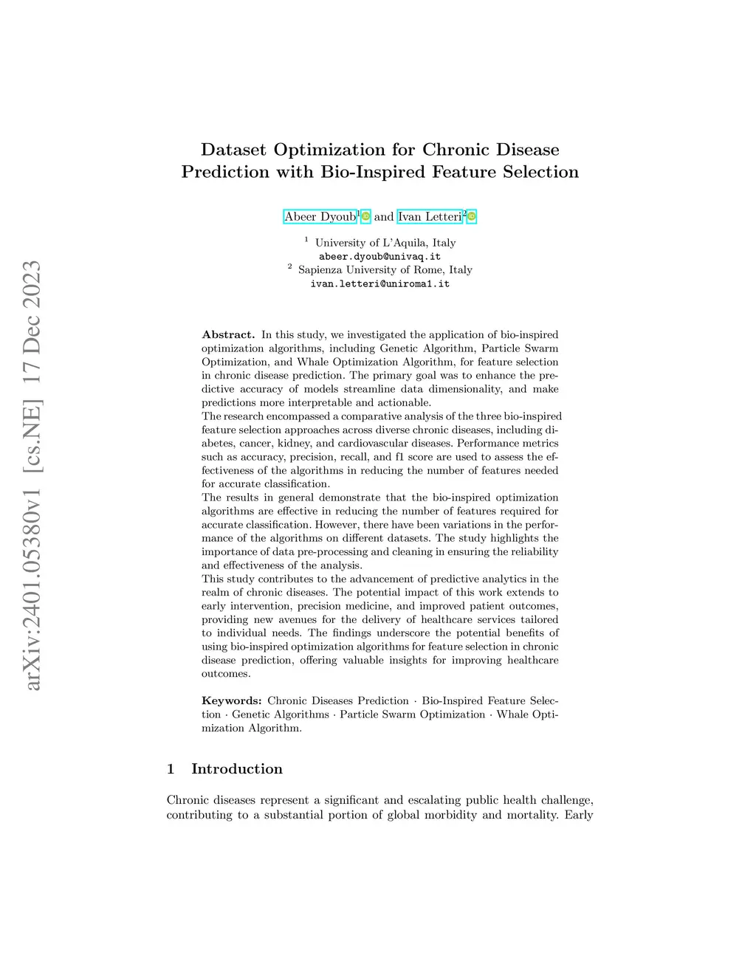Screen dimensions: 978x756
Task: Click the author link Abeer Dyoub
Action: [x=320, y=216]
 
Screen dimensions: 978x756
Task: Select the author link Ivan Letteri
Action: [x=430, y=216]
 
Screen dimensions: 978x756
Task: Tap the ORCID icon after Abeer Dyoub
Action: [x=365, y=216]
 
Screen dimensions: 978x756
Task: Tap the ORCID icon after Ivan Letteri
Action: [x=472, y=216]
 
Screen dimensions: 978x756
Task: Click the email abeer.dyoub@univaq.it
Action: [x=379, y=256]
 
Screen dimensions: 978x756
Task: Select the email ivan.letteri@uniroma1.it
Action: [x=379, y=283]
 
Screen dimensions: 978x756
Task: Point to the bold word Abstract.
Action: [x=228, y=334]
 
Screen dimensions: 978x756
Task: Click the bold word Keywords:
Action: [x=232, y=700]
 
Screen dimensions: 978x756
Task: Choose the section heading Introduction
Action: [x=237, y=768]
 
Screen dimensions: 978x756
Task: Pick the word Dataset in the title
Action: [x=234, y=150]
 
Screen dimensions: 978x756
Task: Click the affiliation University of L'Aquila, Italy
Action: [x=385, y=243]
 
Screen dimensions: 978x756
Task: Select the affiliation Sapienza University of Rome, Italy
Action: [x=385, y=270]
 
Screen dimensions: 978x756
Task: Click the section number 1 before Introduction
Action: [x=171, y=768]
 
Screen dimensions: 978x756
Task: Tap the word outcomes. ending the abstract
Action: [x=226, y=673]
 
